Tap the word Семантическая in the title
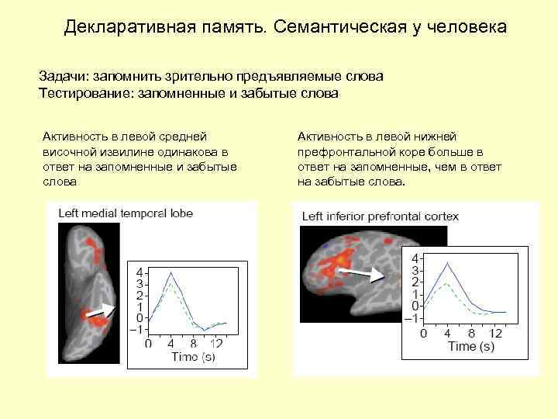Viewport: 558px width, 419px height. tap(339, 28)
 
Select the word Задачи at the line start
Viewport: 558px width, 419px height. tap(62, 77)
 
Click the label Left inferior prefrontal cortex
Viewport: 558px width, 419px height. tap(380, 216)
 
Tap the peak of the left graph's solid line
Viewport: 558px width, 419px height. tap(170, 271)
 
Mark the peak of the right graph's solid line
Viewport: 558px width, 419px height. tap(446, 263)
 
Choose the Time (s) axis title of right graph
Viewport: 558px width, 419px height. tap(470, 346)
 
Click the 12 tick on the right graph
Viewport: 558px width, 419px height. tap(496, 333)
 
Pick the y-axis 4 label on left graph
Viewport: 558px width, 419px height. tap(139, 273)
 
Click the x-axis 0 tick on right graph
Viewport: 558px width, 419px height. tap(422, 333)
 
